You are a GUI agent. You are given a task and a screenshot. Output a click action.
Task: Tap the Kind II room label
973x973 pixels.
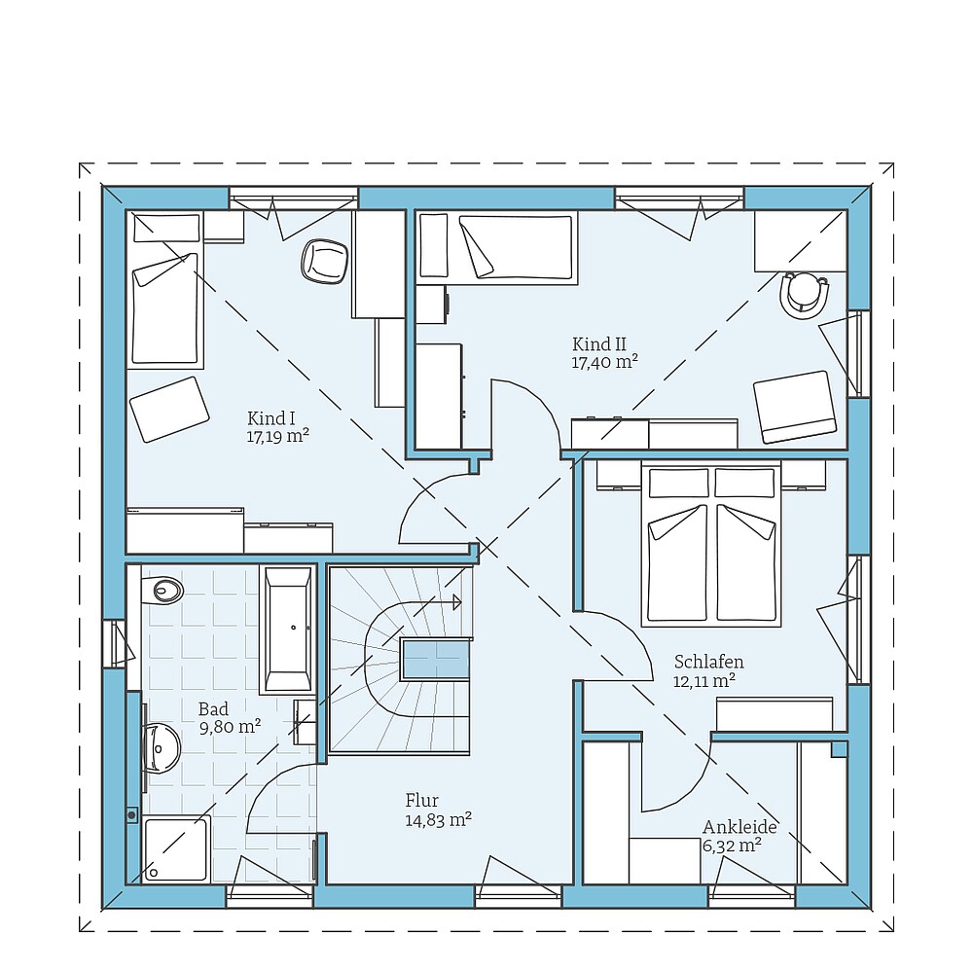point(598,343)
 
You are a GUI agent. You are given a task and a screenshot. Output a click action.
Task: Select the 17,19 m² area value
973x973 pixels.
point(278,436)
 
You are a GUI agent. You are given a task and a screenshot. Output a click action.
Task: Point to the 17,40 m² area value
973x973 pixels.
point(604,361)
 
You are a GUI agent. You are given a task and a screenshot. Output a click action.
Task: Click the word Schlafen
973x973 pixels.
point(708,663)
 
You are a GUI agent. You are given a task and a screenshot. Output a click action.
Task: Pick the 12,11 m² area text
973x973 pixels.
point(703,680)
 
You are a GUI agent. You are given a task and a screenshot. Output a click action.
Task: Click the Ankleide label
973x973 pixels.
point(739,827)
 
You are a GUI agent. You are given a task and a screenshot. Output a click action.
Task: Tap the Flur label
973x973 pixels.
point(421,801)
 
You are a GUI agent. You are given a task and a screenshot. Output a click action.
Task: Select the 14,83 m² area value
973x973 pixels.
point(438,819)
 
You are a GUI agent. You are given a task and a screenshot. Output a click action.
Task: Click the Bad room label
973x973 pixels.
point(213,708)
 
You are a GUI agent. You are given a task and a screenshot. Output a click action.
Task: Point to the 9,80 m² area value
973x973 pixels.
point(229,726)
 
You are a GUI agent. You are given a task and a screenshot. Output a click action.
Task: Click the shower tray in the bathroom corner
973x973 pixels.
point(175,849)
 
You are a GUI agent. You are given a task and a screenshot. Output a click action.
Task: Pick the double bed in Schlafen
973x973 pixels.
point(714,545)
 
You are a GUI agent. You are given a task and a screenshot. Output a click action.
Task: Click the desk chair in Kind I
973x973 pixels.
point(325,261)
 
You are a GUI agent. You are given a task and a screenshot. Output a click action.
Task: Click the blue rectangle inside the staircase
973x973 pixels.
point(436,662)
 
